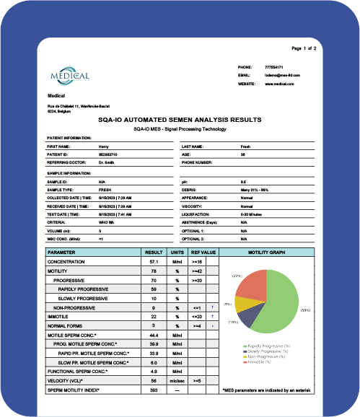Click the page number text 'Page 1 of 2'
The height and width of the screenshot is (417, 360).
pos(309,48)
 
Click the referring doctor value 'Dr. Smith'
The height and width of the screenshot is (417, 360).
pos(106,162)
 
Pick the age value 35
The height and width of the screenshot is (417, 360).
pos(242,154)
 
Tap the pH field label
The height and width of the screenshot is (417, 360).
pos(184,182)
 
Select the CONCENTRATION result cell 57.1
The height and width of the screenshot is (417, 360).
pos(154,262)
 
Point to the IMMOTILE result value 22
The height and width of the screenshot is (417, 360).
pos(154,317)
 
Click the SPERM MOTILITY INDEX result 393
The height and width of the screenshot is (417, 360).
pos(154,390)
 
